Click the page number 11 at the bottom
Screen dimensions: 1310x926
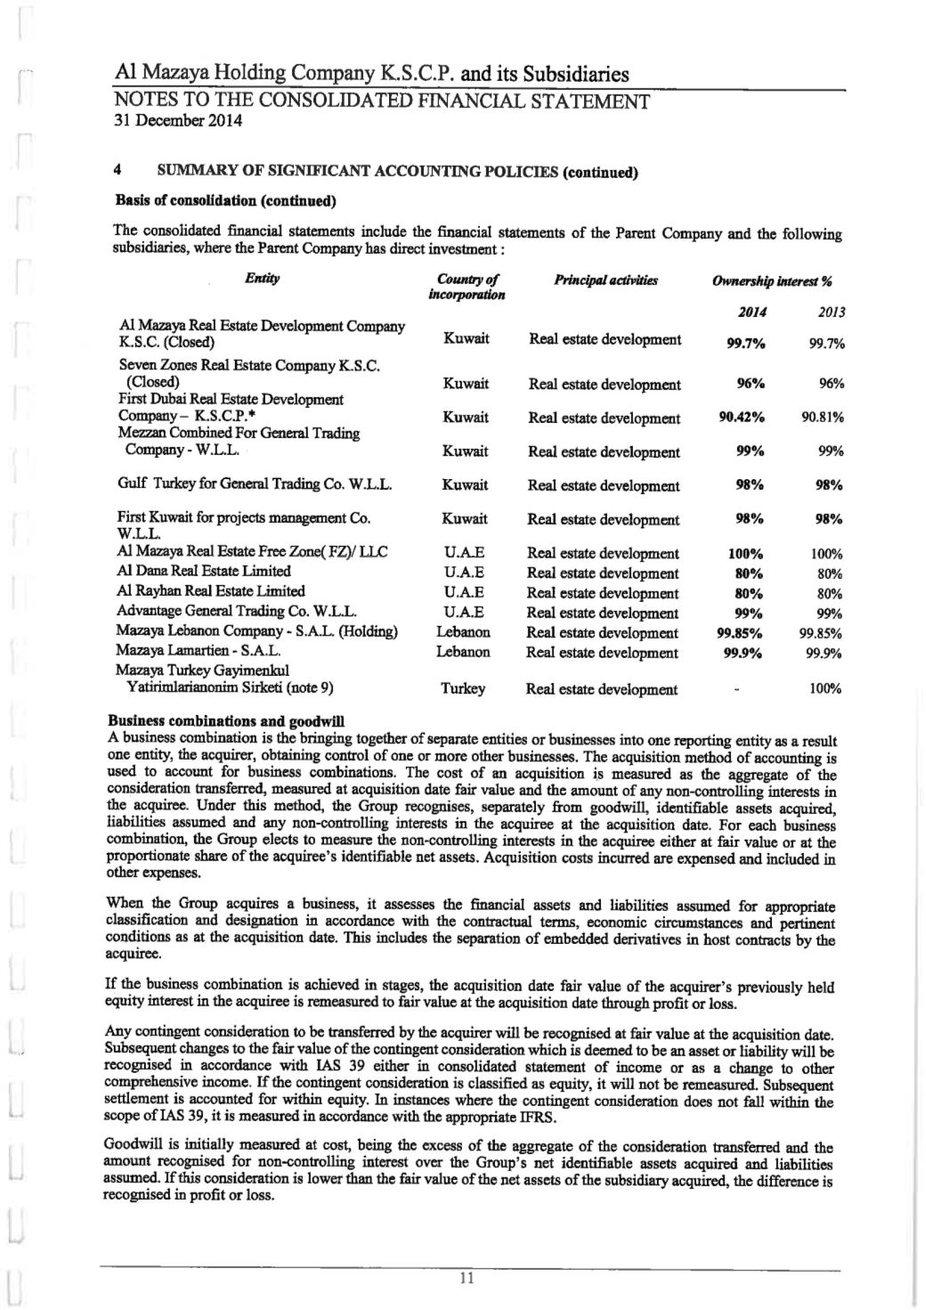pyautogui.click(x=464, y=1279)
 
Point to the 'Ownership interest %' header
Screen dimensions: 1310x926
pyautogui.click(x=772, y=281)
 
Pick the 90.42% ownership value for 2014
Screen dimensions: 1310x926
pyautogui.click(x=743, y=417)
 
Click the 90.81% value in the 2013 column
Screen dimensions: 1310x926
pyautogui.click(x=822, y=417)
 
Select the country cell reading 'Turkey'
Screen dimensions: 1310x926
pyautogui.click(x=463, y=688)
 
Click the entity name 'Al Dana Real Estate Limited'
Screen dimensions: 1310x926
pyautogui.click(x=204, y=572)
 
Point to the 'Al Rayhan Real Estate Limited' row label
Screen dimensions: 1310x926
pyautogui.click(x=211, y=591)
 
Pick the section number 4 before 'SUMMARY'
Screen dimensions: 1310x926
pyautogui.click(x=118, y=168)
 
